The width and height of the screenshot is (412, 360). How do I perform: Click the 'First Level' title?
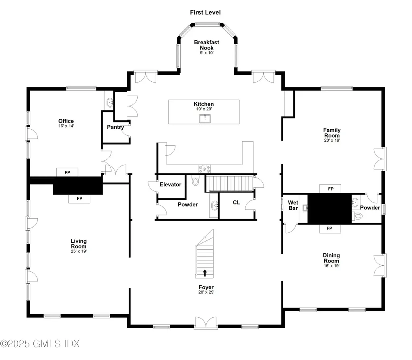205,12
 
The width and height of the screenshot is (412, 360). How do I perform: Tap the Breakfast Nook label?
206,45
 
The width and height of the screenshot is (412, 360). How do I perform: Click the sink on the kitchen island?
205,118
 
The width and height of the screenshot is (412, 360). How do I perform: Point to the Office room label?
66,121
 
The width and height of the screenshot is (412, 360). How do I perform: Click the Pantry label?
115,127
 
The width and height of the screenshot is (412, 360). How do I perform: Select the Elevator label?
170,184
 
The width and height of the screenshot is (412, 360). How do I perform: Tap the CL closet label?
236,203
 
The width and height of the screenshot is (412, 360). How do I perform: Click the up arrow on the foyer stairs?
205,273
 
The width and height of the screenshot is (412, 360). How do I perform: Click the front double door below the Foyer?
206,323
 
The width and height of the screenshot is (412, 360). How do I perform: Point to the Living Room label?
78,244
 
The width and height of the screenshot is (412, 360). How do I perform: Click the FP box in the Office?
67,172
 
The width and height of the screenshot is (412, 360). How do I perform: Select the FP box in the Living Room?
79,199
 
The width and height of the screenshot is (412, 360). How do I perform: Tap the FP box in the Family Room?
330,188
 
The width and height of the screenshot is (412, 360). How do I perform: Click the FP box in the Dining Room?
329,228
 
